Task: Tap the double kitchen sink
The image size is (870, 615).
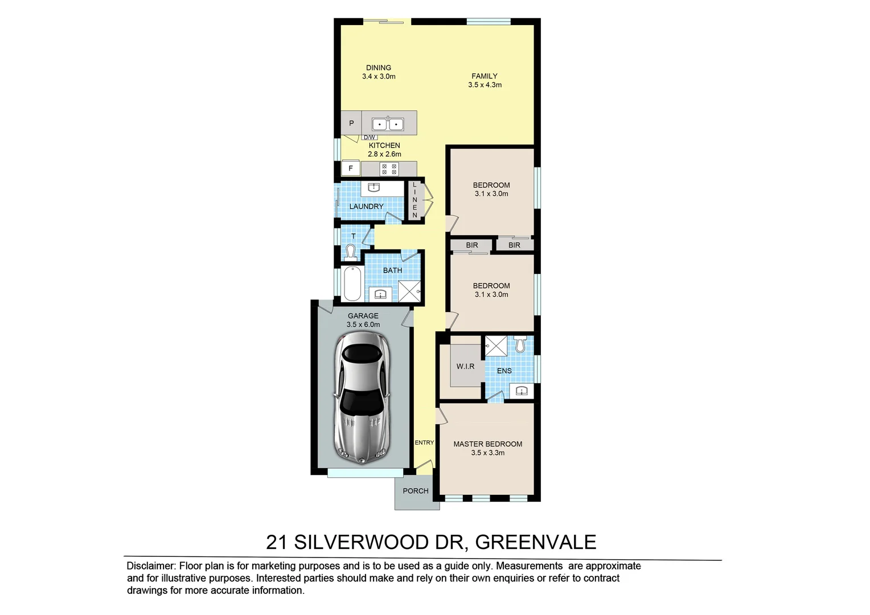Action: pyautogui.click(x=388, y=124)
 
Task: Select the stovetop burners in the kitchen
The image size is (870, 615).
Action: pyautogui.click(x=389, y=169)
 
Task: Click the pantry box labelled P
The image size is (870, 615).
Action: pyautogui.click(x=351, y=123)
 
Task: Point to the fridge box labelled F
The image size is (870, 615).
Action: pyautogui.click(x=351, y=169)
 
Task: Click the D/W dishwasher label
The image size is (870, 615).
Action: pyautogui.click(x=369, y=137)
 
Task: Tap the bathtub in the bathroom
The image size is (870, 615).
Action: pyautogui.click(x=351, y=284)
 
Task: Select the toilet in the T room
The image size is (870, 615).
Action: pyautogui.click(x=350, y=251)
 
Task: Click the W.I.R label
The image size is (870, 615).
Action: pyautogui.click(x=465, y=366)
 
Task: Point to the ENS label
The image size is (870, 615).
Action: pyautogui.click(x=504, y=371)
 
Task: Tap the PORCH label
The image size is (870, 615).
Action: pyautogui.click(x=416, y=491)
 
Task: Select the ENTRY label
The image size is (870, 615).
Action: pyautogui.click(x=424, y=442)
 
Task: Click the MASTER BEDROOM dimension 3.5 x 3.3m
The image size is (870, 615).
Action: pyautogui.click(x=487, y=453)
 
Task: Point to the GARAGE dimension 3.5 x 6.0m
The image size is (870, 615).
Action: pyautogui.click(x=363, y=325)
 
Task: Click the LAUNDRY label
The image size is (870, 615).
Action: pyautogui.click(x=366, y=206)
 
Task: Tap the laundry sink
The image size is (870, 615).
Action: pyautogui.click(x=374, y=187)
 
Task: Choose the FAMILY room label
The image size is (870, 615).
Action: pyautogui.click(x=484, y=76)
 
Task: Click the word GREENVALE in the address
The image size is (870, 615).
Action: pyautogui.click(x=535, y=542)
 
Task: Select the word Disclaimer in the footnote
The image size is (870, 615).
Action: pyautogui.click(x=150, y=566)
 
